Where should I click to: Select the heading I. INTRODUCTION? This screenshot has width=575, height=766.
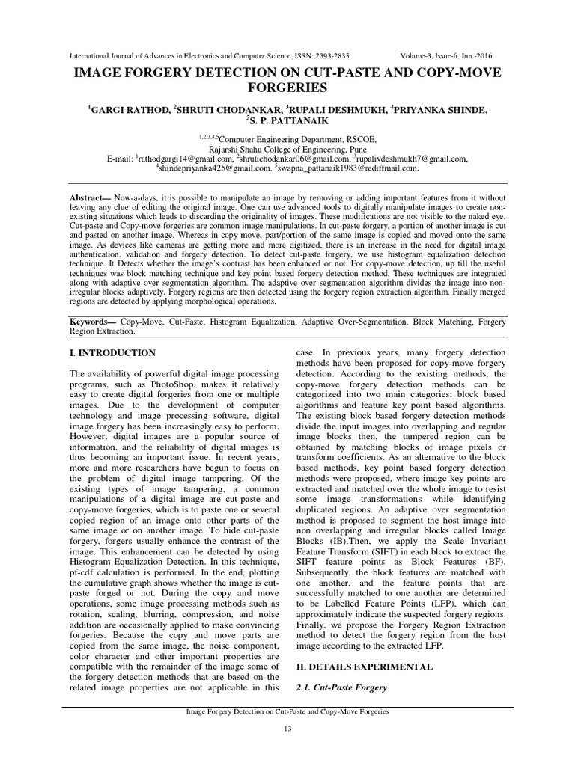(x=113, y=352)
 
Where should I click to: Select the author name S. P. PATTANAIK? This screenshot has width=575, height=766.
(x=287, y=121)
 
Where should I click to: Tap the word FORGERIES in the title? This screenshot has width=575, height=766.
(x=287, y=88)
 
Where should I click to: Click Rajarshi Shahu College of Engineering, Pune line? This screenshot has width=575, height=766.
(x=287, y=148)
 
